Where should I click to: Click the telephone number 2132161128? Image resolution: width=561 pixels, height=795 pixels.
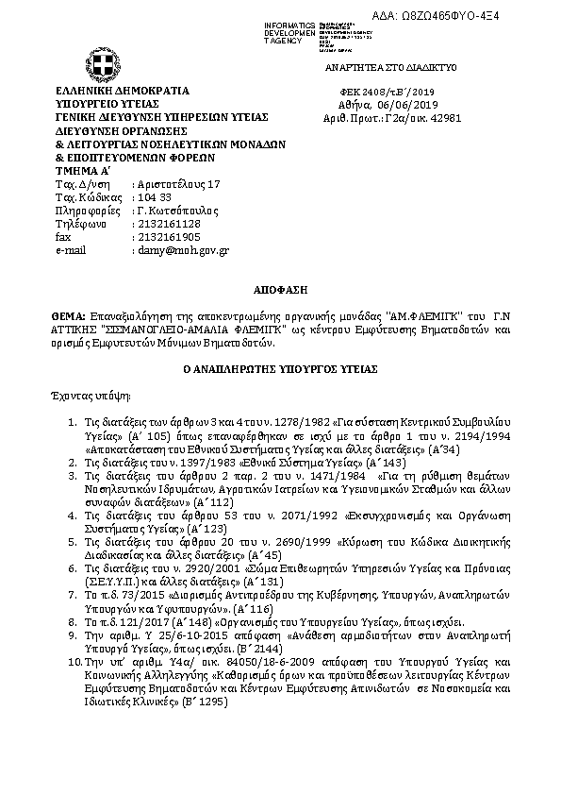coord(169,224)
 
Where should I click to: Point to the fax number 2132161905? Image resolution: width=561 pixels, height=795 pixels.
coord(169,237)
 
